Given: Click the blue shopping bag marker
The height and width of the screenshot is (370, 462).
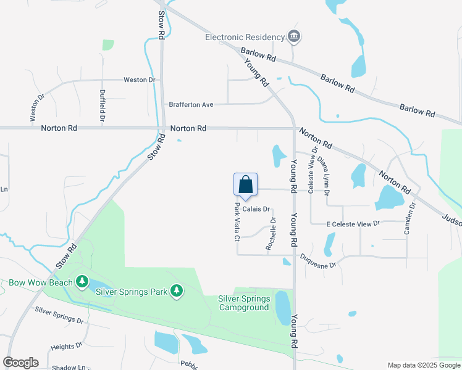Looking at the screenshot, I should pos(245,186).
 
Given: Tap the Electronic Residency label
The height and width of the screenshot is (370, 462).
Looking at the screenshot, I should pos(245,37).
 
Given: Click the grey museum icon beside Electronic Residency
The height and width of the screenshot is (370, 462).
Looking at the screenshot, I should pos(294,37).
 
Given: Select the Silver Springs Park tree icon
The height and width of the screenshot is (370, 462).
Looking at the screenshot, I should pos(177,290).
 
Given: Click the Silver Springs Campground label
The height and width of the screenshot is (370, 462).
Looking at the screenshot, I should pos(244,303).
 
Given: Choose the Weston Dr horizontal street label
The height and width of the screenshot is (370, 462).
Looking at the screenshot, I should pos(139,80).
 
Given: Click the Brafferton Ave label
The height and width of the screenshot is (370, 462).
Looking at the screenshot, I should pos(191,105).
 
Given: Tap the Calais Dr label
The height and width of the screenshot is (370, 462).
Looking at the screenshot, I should pos(256,209).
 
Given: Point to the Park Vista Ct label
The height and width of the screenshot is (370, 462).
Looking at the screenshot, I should pos(237,221).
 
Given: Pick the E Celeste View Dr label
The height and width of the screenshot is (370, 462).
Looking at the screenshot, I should pos(352,223).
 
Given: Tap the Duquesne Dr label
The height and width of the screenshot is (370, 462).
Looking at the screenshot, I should pos(318,261).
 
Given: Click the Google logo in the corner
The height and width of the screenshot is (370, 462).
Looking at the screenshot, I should pos(20,363).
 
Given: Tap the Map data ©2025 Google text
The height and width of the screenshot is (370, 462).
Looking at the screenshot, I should pos(423,365).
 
